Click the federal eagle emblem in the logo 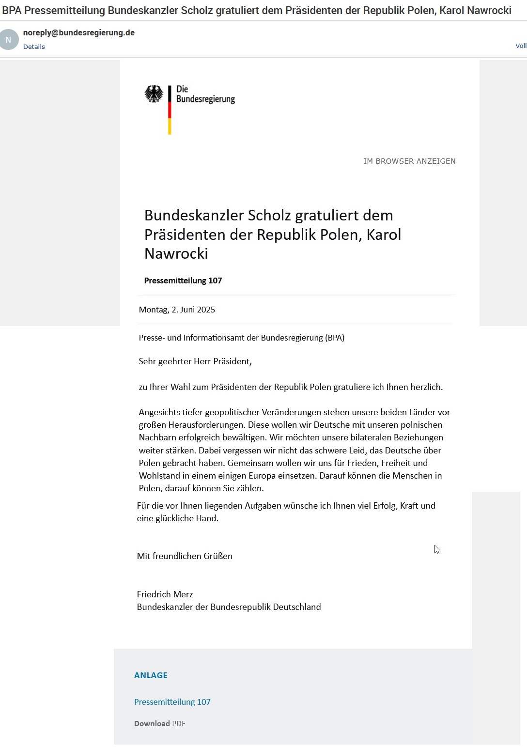pos(154,94)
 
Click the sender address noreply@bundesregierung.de pos(79,33)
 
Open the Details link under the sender pos(34,47)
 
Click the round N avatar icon pos(8,40)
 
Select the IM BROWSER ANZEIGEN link pos(409,161)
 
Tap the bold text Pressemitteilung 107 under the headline pos(183,280)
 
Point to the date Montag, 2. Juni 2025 pos(177,310)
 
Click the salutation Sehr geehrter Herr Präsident pos(195,361)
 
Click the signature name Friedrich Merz pos(165,594)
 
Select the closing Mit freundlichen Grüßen pos(185,556)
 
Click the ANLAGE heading pos(151,675)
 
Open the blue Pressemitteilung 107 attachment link pos(172,702)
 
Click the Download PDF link pos(159,724)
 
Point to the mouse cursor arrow pos(436,549)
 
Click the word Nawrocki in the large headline pos(176,254)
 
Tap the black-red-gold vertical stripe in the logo pos(170,110)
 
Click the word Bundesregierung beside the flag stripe pos(205,99)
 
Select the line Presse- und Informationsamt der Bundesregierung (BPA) pos(241,338)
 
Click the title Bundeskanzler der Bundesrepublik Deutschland pos(229,607)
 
